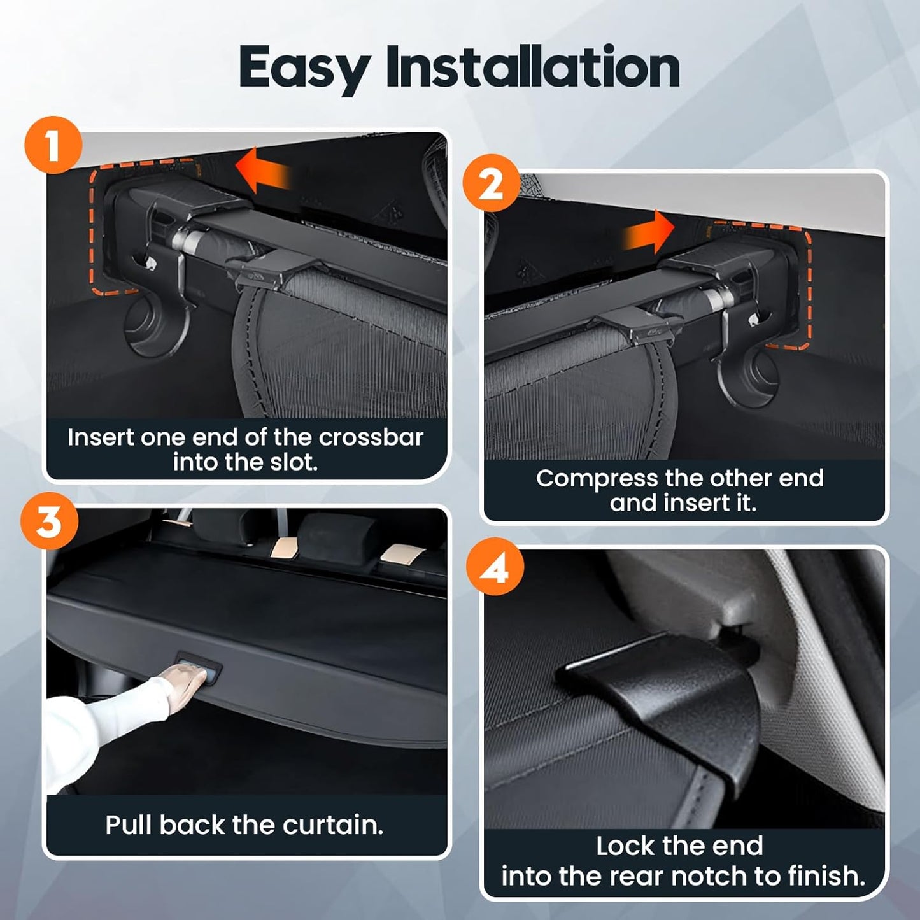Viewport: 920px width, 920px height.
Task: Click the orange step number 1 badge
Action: pyautogui.click(x=53, y=145)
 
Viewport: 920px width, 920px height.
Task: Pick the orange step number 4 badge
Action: pyautogui.click(x=495, y=566)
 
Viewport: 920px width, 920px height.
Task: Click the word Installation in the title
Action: pyautogui.click(x=533, y=67)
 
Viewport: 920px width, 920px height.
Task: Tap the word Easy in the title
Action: pyautogui.click(x=304, y=69)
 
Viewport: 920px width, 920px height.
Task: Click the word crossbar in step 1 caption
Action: pyautogui.click(x=371, y=437)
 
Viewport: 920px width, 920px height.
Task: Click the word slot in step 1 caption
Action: pyautogui.click(x=294, y=462)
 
